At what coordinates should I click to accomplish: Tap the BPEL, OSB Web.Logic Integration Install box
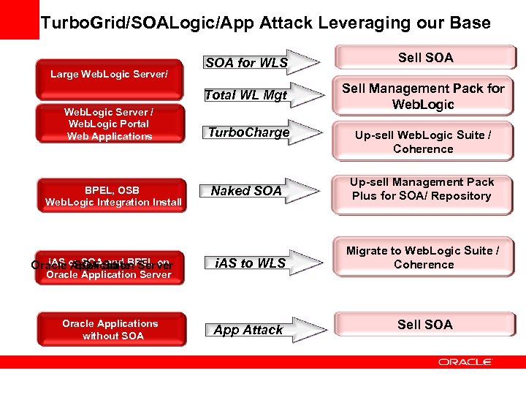tap(110, 195)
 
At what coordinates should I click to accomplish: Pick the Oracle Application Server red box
tap(110, 268)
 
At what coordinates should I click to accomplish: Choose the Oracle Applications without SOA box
tap(110, 329)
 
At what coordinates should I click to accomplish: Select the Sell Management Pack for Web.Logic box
tap(424, 97)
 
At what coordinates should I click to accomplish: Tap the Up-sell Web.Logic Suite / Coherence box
tap(424, 142)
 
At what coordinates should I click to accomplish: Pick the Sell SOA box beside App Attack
tap(425, 325)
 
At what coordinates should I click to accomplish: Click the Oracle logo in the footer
tap(465, 361)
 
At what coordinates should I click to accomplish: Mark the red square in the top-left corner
tap(19, 19)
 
